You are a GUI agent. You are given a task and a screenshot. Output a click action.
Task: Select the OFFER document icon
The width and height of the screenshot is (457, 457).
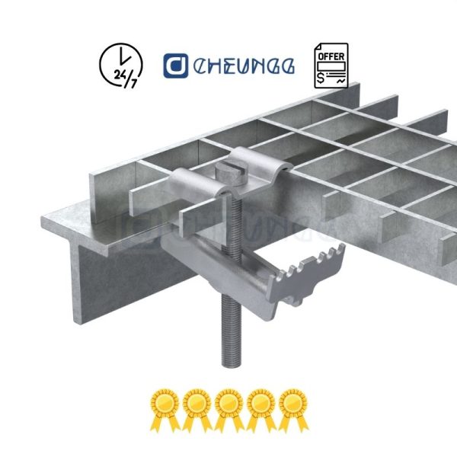coord(331,65)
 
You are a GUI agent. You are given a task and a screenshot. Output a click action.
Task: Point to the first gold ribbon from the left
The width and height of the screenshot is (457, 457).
coord(164,406)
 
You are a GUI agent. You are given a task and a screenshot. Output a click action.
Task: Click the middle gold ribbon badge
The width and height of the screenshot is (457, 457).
coord(228,406)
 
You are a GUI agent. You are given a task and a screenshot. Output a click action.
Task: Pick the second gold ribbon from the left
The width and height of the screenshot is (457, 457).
coord(196,406)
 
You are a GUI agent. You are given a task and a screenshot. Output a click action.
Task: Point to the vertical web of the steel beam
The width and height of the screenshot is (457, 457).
coord(122,282)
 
